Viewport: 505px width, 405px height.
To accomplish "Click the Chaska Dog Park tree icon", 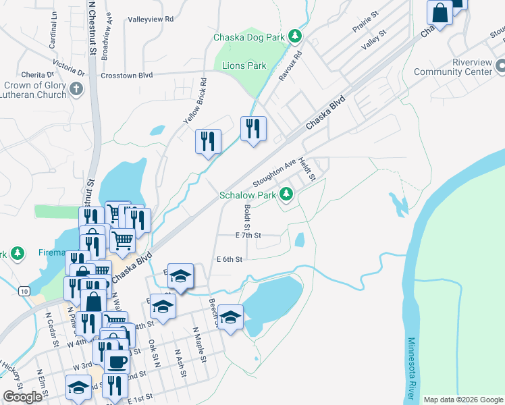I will (294, 36).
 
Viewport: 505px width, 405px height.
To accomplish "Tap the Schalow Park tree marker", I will (287, 195).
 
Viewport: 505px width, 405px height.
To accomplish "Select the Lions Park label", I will (244, 65).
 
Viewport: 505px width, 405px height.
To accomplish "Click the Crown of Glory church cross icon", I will (76, 88).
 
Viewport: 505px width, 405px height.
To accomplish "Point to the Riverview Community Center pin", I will (500, 66).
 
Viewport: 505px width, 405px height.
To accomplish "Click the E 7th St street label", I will (248, 236).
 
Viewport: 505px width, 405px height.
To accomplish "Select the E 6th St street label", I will (229, 259).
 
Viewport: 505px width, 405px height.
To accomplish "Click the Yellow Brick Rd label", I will (195, 101).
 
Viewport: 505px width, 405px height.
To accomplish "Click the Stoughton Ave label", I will (274, 174).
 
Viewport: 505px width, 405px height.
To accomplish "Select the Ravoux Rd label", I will (290, 65).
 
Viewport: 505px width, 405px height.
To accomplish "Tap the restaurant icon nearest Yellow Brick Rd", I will (209, 141).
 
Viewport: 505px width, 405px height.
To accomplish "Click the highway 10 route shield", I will (24, 291).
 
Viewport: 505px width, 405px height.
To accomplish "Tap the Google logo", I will (22, 397).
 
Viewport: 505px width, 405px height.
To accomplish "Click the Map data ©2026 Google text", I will (463, 400).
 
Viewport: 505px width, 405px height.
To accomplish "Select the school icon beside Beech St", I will (230, 318).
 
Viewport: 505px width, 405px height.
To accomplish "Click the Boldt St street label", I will (247, 217).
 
